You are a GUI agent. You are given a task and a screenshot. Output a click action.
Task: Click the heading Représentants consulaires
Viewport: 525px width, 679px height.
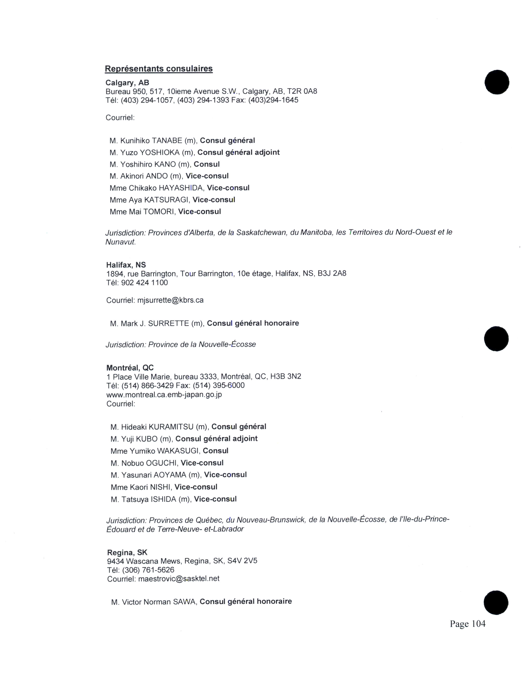pos(159,69)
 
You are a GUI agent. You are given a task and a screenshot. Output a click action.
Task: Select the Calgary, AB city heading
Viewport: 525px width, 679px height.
pos(127,83)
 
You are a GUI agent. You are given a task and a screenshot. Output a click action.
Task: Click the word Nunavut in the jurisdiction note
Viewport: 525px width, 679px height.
pos(120,242)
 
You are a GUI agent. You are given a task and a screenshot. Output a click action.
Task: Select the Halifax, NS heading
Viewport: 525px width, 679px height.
pos(126,265)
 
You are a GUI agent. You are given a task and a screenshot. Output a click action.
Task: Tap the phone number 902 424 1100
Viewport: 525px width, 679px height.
pos(144,283)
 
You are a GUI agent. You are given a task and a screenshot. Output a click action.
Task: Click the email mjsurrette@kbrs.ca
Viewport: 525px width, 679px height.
pos(170,300)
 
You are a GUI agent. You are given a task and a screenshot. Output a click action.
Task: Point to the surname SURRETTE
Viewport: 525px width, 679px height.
pos(168,323)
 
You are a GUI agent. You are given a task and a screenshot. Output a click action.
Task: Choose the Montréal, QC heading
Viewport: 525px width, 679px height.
pos(130,368)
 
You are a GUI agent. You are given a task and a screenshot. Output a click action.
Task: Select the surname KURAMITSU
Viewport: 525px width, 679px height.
pos(171,427)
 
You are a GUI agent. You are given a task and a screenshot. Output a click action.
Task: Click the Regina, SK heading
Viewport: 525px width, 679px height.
pos(127,552)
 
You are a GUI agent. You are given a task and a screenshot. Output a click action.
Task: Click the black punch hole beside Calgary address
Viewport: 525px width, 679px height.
pos(497,82)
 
